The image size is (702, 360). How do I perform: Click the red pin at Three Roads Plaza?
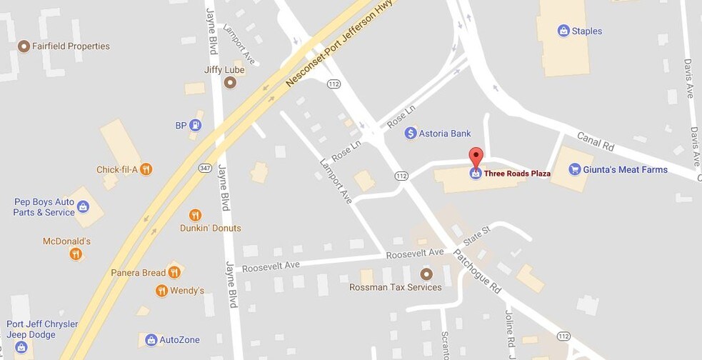click(x=476, y=156)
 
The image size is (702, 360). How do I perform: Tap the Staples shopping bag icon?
click(x=563, y=31)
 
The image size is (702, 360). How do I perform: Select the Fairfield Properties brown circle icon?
click(x=24, y=46)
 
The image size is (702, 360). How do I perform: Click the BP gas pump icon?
click(x=195, y=126)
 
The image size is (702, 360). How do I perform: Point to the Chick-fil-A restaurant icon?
click(x=146, y=169)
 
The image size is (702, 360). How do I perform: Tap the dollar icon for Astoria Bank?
click(x=411, y=133)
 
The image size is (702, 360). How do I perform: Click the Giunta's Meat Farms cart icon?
click(x=574, y=169)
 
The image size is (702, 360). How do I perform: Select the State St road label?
click(x=477, y=236)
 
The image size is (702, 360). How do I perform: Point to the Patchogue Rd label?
click(x=478, y=271)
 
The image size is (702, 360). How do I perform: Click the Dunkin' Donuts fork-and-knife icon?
click(x=195, y=215)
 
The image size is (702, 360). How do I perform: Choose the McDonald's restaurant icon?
click(x=76, y=254)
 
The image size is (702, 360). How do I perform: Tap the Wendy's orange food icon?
click(x=161, y=291)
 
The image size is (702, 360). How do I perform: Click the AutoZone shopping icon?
click(x=151, y=340)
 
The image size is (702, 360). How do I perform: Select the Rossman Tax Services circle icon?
click(x=426, y=274)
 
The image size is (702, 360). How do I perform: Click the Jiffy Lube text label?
click(x=224, y=70)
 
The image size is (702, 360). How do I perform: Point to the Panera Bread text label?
click(x=138, y=272)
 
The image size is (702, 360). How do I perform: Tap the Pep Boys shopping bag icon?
click(x=84, y=207)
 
